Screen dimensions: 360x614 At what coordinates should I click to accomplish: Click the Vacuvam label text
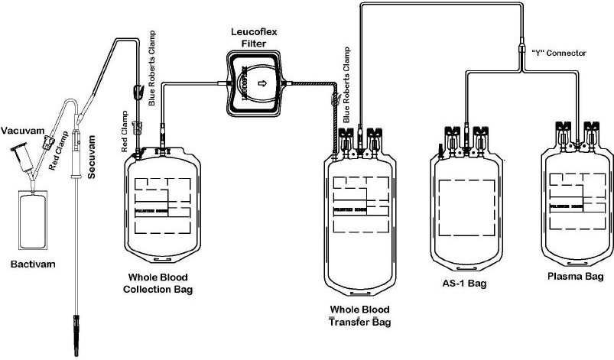(x=21, y=131)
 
